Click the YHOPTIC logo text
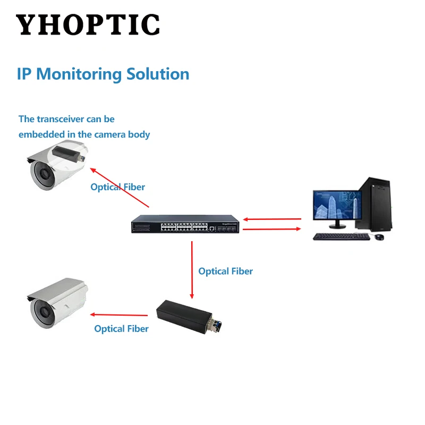[88, 24]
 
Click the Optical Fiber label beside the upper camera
[117, 187]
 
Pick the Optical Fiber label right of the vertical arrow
[225, 271]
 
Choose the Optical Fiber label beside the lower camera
[121, 328]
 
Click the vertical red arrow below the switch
[192, 268]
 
